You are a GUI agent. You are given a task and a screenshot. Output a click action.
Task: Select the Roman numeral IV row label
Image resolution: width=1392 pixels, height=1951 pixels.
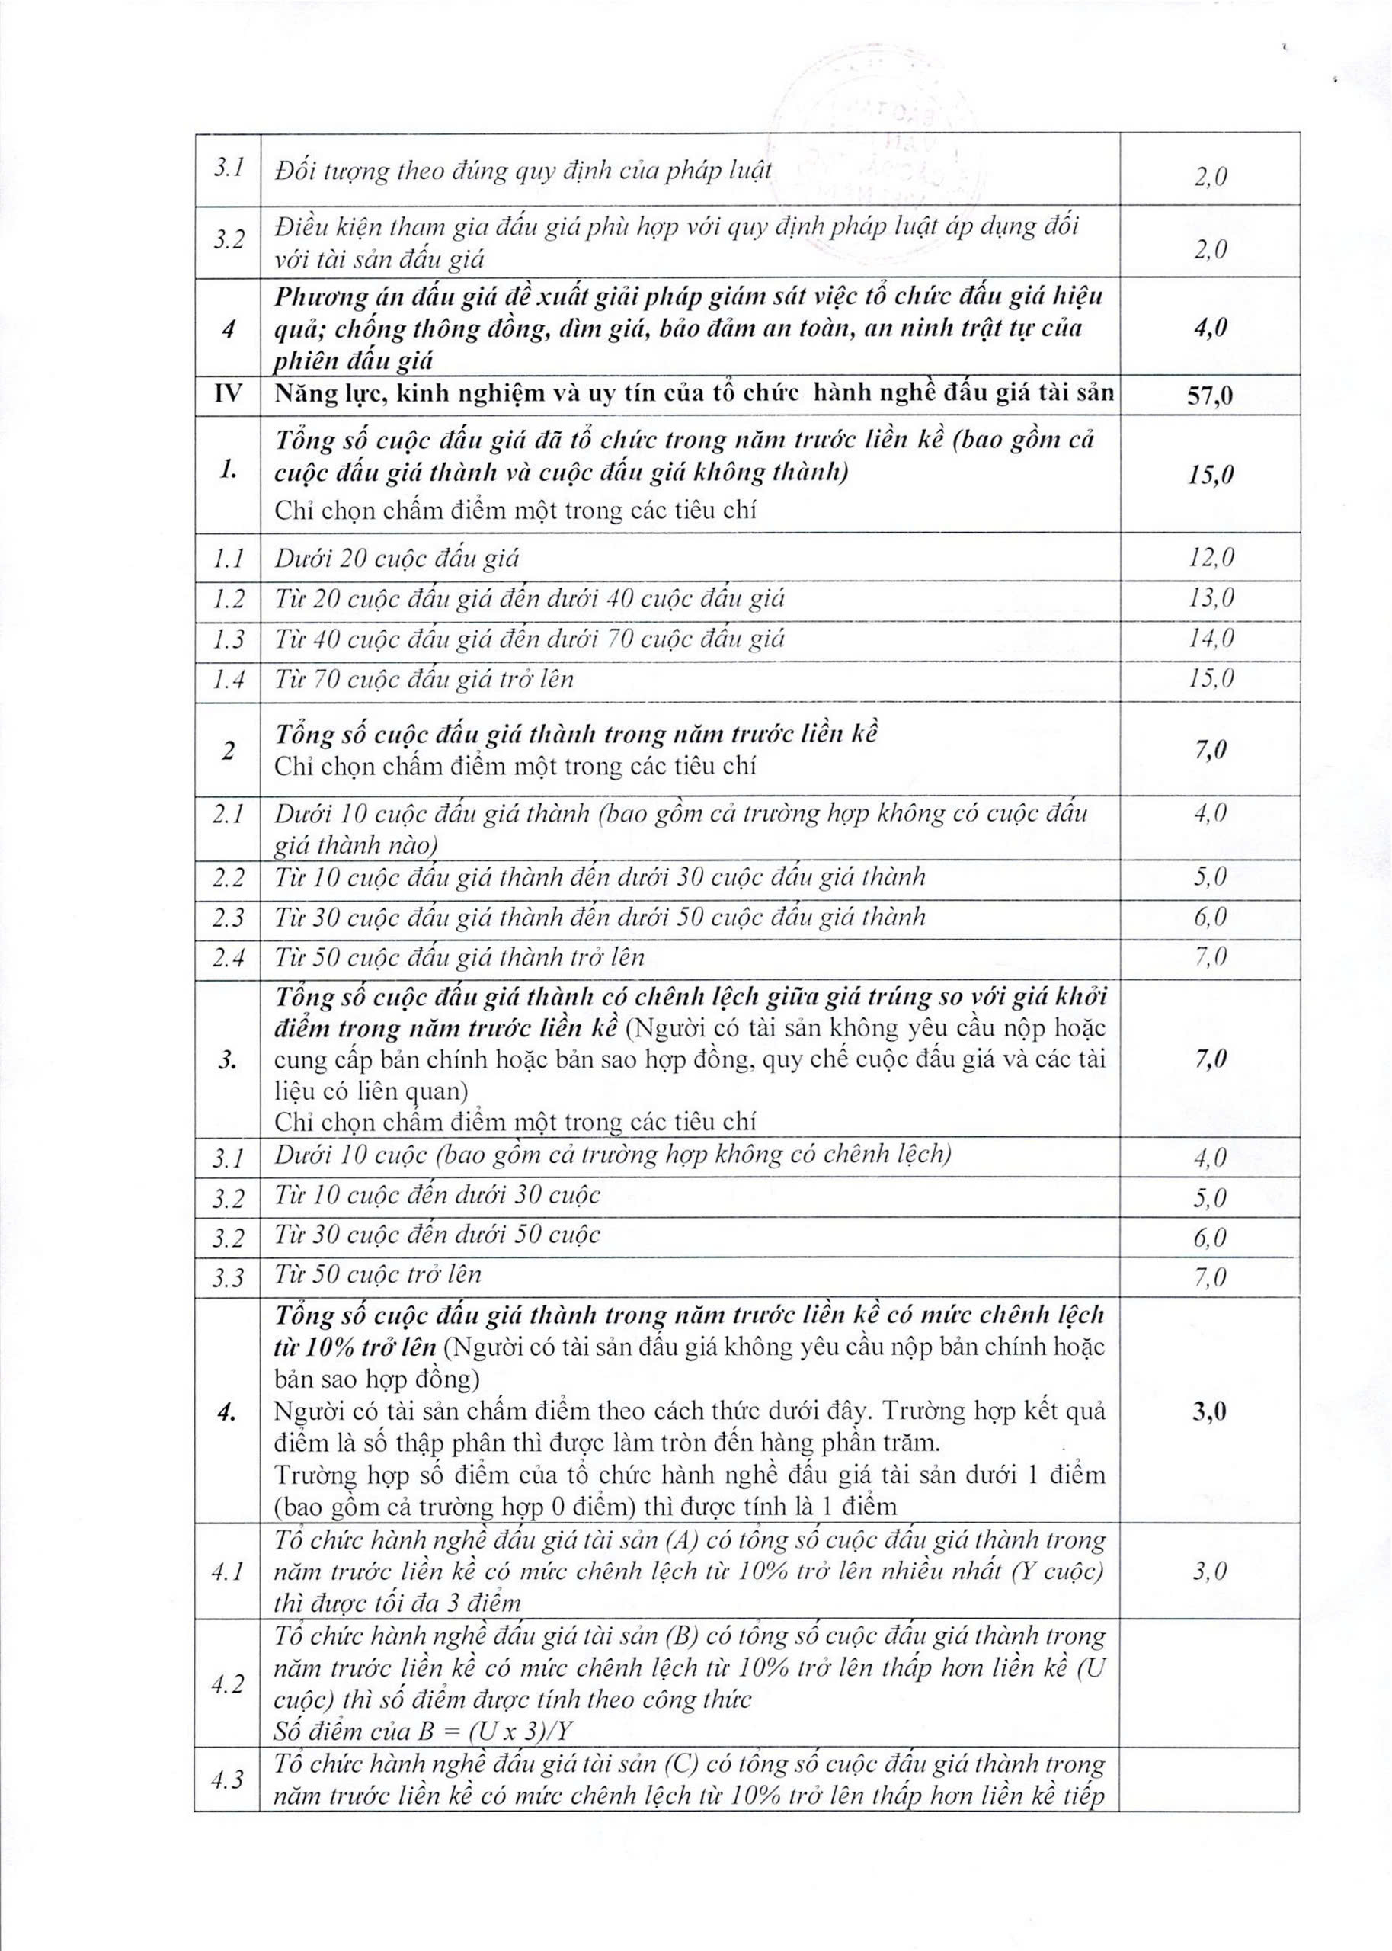(227, 393)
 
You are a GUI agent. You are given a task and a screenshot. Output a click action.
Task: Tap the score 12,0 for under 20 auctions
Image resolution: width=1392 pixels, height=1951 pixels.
(1210, 558)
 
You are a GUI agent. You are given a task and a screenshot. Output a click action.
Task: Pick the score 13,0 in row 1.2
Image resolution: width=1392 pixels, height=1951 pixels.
(1210, 598)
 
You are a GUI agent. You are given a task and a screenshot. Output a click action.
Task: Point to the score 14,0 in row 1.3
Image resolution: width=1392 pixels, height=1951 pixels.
(1210, 639)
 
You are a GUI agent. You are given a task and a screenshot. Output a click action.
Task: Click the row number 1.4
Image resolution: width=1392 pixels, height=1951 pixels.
(227, 680)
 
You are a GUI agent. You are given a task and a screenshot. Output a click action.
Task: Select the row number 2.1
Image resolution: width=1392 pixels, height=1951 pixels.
(227, 813)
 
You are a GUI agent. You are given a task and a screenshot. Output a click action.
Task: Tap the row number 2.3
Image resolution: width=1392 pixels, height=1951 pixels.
(227, 918)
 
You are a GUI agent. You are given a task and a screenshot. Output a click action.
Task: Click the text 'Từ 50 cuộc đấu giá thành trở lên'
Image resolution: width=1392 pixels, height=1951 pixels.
(459, 956)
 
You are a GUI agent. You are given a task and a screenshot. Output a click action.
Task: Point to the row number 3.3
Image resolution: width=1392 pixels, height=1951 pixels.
(227, 1278)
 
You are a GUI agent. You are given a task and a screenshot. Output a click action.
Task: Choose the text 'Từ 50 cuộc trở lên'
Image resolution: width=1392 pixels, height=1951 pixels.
(378, 1275)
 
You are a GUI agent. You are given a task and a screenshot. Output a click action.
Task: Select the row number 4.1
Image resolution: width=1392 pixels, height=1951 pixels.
(227, 1571)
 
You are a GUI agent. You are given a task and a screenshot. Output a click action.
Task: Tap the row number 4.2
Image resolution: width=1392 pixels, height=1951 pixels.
(227, 1683)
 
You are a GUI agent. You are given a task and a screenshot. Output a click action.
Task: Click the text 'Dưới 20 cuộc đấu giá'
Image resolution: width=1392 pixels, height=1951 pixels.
(397, 559)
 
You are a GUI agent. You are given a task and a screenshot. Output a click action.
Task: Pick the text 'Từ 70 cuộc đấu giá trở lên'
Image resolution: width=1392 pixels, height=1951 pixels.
(424, 680)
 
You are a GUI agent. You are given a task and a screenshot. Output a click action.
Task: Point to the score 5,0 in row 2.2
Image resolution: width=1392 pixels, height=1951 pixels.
(1210, 877)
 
